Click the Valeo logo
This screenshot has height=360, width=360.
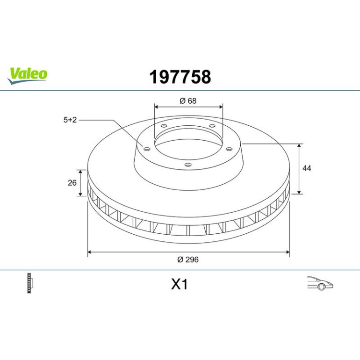27,76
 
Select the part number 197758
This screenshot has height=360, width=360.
180,77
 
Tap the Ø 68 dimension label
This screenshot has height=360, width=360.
188,101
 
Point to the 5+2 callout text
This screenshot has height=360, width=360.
70,120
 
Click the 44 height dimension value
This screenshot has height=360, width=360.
307,168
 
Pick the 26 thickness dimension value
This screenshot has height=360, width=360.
72,183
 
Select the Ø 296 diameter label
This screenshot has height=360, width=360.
188,259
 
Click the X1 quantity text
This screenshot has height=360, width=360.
180,284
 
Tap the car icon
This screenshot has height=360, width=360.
320,283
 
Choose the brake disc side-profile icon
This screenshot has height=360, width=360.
30,283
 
